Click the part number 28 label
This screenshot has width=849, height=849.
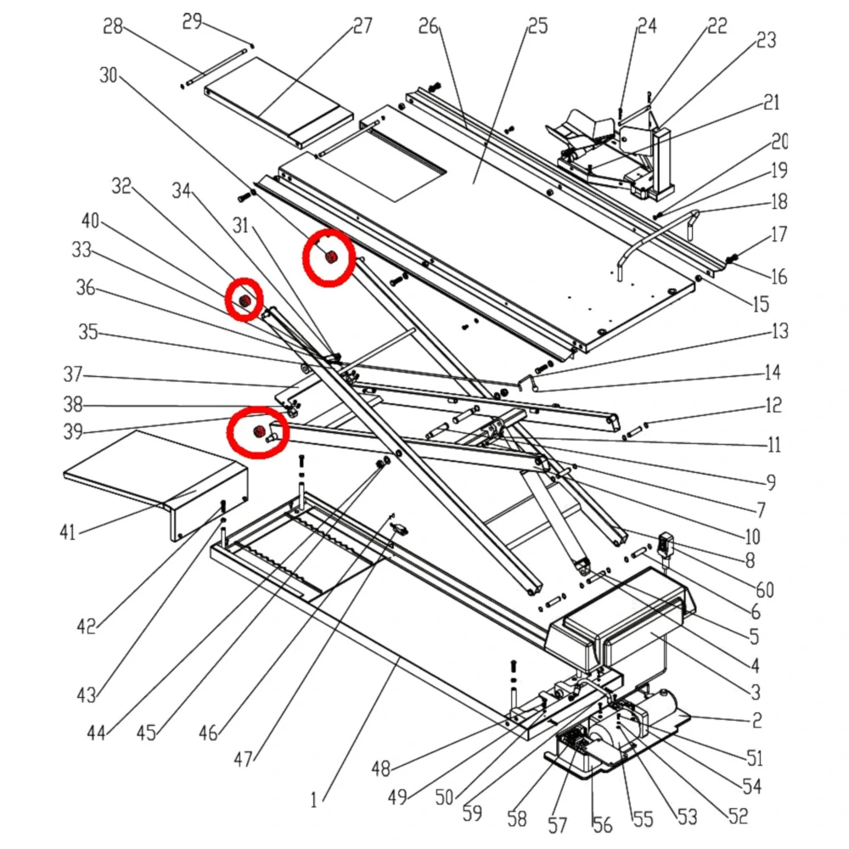113,26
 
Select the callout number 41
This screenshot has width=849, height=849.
68,532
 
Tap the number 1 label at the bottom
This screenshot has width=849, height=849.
313,798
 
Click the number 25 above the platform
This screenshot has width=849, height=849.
537,26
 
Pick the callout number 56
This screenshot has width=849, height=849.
601,824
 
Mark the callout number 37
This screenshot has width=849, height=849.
73,374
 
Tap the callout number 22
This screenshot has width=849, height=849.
717,26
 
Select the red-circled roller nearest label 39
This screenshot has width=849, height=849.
257,433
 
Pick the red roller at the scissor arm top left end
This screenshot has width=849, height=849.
245,301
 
